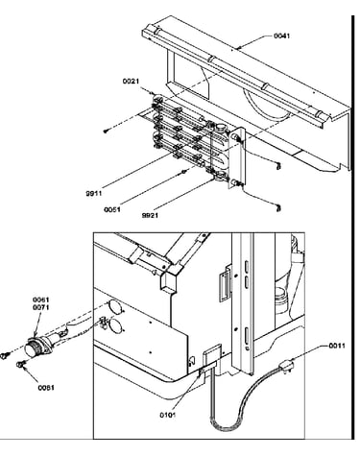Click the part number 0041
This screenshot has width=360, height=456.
[281, 36]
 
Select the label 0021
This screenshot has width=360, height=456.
[131, 82]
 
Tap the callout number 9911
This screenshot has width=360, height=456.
[93, 193]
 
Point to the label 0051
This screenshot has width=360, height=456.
[112, 209]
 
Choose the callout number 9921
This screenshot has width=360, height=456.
[150, 215]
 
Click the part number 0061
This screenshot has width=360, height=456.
[41, 300]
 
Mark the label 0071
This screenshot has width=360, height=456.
[41, 307]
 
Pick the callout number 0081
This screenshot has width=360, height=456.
[46, 388]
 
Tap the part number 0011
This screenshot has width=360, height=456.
[337, 346]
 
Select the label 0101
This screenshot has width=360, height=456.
[168, 415]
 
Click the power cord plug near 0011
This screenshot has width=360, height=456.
[286, 365]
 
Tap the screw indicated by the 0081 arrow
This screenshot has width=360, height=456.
[20, 364]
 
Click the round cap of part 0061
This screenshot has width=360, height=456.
[32, 348]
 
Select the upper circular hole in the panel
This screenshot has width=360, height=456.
[115, 307]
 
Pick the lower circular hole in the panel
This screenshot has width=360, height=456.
[115, 325]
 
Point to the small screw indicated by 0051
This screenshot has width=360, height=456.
[184, 172]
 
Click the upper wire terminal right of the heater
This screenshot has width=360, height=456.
[278, 166]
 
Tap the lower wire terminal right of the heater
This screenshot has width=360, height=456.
[278, 208]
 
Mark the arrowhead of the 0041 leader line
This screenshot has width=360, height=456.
[237, 48]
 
